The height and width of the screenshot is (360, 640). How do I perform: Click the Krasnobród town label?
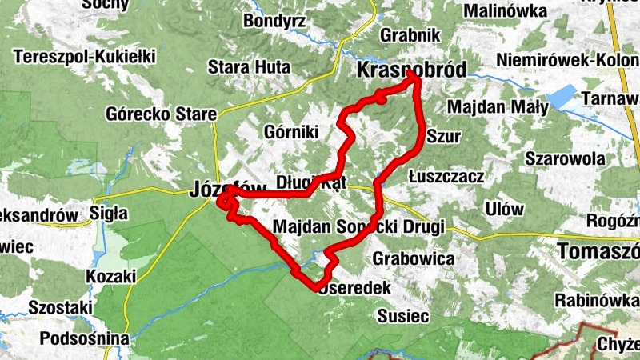coord(410,70)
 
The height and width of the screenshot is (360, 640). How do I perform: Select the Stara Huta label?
coord(239,66)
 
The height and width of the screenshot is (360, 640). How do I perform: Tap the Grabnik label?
coord(410,35)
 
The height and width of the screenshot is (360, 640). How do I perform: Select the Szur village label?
coord(444,136)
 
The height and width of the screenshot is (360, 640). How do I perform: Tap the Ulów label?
coord(504,209)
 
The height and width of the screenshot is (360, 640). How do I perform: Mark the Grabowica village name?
coord(413,259)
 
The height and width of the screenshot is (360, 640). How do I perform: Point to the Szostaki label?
coord(60,306)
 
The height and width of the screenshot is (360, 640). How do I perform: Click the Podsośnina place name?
coord(83,338)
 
